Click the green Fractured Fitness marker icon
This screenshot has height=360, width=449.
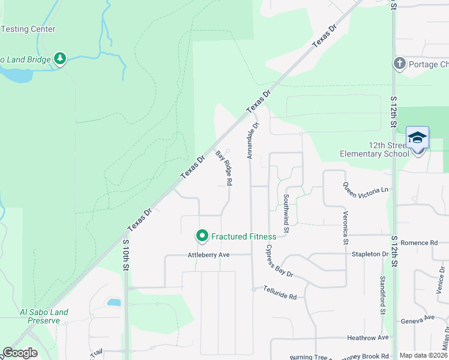[x=202, y=236]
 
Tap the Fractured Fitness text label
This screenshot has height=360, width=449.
[x=243, y=236]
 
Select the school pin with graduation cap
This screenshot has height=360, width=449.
[x=417, y=139]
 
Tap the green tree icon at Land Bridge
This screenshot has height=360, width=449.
[x=59, y=59]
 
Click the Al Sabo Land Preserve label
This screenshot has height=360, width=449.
[x=44, y=316]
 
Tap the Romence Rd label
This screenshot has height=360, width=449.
[x=419, y=243]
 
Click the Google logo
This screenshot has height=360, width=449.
[x=20, y=353]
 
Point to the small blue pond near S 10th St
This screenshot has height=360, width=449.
[x=113, y=302]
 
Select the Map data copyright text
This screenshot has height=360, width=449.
[x=423, y=355]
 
